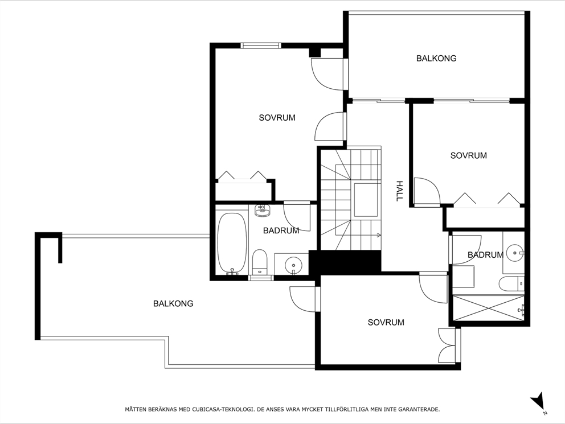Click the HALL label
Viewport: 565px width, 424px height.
click(x=399, y=191)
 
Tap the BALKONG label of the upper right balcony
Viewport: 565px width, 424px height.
click(x=436, y=58)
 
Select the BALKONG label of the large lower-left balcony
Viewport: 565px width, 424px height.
click(x=173, y=303)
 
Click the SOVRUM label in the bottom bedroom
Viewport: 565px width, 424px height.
click(x=386, y=322)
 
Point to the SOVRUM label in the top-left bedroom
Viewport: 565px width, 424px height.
click(x=277, y=118)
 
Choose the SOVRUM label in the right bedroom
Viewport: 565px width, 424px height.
click(x=468, y=155)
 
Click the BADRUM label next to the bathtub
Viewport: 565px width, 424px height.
click(x=281, y=230)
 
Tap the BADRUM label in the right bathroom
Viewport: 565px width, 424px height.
click(x=485, y=255)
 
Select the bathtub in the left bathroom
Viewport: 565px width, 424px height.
click(x=232, y=244)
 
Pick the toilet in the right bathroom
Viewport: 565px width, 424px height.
click(x=510, y=283)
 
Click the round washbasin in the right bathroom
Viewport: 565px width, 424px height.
click(x=515, y=251)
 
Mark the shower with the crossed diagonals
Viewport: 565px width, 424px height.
click(x=487, y=309)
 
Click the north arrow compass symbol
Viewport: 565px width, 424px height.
click(x=538, y=402)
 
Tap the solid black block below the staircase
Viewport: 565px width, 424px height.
click(x=345, y=263)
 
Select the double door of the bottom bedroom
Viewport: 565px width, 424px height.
click(x=447, y=345)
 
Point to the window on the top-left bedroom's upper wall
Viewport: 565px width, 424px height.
click(x=261, y=46)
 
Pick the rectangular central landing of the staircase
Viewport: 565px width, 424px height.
click(x=366, y=200)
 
